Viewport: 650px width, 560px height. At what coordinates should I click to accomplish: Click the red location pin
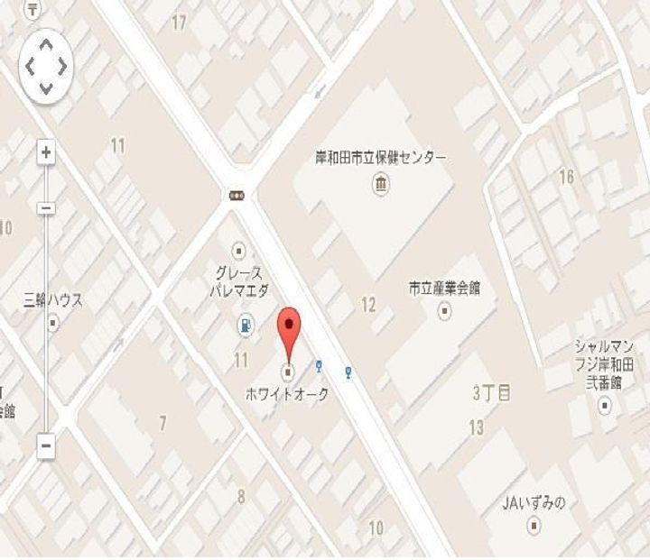tap(289, 328)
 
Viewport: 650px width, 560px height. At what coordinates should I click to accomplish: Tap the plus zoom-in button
tap(45, 152)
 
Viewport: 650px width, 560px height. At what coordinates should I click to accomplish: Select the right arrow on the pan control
tap(61, 66)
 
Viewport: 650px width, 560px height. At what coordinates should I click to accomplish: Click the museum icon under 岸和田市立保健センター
tap(380, 185)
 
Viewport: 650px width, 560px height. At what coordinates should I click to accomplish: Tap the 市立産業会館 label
tap(444, 289)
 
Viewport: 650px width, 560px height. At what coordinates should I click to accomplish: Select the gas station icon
tap(244, 326)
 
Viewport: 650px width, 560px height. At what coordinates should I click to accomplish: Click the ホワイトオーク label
tap(288, 394)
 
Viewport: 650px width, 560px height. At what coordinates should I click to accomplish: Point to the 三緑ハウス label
tap(52, 300)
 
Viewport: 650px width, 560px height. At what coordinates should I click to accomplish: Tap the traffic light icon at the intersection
tap(237, 194)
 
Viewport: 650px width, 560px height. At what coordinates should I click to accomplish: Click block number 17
tap(179, 23)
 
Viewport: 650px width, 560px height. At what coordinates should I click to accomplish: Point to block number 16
tap(566, 177)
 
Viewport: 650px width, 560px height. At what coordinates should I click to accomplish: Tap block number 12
tap(368, 305)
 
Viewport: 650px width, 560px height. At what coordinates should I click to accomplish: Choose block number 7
tap(162, 423)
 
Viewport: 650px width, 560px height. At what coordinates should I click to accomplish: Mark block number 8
tap(241, 495)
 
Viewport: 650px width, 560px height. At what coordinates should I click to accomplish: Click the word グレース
tap(238, 272)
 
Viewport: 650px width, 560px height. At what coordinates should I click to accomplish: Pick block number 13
tap(477, 427)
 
